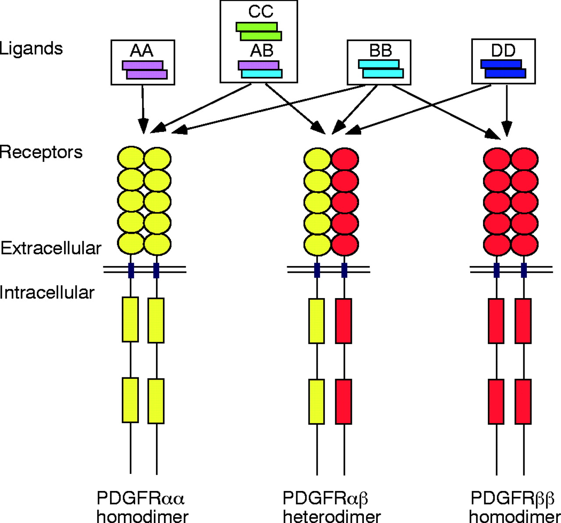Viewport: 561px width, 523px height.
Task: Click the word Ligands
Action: (31, 49)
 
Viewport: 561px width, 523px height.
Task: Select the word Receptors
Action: (41, 152)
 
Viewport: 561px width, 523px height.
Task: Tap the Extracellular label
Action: (51, 248)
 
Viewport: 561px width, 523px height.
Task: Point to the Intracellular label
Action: (47, 292)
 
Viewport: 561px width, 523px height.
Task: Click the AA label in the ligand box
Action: (142, 51)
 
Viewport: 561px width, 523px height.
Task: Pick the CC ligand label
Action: (260, 12)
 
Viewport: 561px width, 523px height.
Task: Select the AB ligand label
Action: (262, 51)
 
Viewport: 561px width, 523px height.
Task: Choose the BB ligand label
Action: (380, 51)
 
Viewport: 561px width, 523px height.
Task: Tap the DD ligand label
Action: (503, 51)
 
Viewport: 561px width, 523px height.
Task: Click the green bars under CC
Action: (259, 31)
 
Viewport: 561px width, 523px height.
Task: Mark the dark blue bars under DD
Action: (503, 69)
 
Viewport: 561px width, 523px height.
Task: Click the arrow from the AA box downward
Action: (142, 107)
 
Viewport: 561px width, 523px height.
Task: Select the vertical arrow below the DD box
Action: (507, 110)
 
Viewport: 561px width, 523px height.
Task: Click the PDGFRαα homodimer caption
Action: (142, 507)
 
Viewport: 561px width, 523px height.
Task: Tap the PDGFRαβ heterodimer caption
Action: (331, 507)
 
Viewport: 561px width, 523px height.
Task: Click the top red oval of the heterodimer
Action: (345, 159)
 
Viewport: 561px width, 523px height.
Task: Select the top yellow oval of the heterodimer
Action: (317, 159)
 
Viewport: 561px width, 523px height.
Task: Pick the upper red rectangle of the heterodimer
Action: (344, 321)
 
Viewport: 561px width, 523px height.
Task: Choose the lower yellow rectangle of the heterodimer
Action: (316, 402)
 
